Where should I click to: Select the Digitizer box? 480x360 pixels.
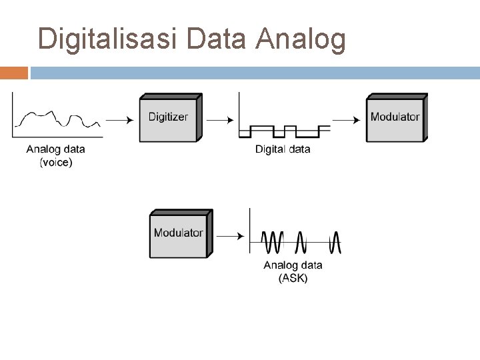pos(169,117)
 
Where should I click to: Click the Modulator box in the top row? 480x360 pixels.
pos(395,117)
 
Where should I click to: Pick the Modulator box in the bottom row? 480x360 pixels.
pos(179,233)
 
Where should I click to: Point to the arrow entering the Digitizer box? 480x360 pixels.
pos(119,121)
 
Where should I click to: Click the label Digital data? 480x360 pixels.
pos(283,149)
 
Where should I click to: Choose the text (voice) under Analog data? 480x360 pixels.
pos(56,163)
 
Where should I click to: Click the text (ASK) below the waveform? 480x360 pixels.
pos(293,279)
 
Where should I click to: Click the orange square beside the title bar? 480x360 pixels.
pos(14,72)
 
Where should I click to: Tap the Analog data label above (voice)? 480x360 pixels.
pos(56,149)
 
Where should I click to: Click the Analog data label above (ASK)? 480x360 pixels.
pos(293,265)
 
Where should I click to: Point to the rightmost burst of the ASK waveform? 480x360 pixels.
pos(335,242)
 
